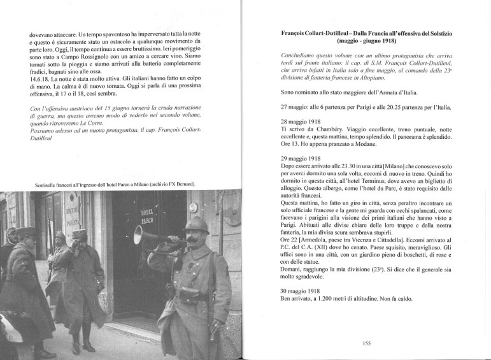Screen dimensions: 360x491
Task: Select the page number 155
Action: click(x=366, y=343)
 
